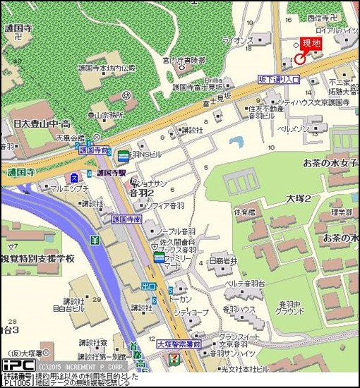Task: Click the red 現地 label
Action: pos(311,44)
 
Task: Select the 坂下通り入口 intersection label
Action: pos(279,80)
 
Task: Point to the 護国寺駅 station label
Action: pos(111,172)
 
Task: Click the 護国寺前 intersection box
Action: pos(95,150)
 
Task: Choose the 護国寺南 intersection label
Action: pos(127,219)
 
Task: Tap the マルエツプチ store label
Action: pos(68,188)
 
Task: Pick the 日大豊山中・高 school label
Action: pos(41,123)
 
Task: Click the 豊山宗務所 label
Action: pos(105,114)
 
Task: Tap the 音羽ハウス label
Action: pos(239,309)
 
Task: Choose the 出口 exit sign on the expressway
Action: pos(148,286)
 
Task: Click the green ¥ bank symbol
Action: pos(95,239)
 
